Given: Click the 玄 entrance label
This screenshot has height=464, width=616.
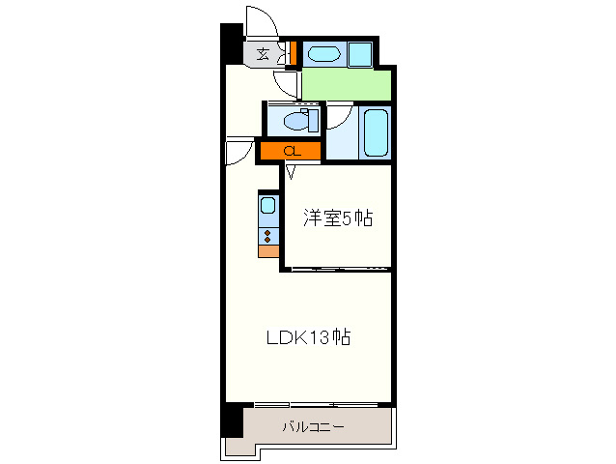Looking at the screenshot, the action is click(x=263, y=53).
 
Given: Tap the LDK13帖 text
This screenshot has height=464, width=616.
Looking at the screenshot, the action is click(x=308, y=337).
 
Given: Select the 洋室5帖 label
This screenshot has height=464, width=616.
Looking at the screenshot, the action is click(x=338, y=218).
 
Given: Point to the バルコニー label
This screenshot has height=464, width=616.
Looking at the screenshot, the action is click(x=313, y=426).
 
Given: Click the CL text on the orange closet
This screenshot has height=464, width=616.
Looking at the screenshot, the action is click(x=293, y=151).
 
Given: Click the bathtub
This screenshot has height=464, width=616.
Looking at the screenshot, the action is click(x=376, y=132).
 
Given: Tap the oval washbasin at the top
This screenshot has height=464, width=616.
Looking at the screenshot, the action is click(x=323, y=54).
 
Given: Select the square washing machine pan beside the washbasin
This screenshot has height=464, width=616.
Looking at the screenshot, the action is click(x=360, y=54).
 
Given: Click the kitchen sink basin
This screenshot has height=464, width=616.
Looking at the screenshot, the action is click(x=268, y=205).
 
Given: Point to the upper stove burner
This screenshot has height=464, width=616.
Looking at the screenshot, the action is click(x=267, y=233).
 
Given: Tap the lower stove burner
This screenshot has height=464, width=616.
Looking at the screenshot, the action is click(x=267, y=240).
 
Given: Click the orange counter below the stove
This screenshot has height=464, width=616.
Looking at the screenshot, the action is click(x=268, y=251).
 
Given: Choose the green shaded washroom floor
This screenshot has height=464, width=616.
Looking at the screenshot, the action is click(x=347, y=85).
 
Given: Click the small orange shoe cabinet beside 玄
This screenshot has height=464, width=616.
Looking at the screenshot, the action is click(x=293, y=53).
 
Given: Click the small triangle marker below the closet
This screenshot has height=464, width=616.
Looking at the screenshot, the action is click(x=291, y=172).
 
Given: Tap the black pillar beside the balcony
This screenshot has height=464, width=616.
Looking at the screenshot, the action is click(x=232, y=420).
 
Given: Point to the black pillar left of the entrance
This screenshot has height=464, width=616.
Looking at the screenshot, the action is click(x=232, y=43).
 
